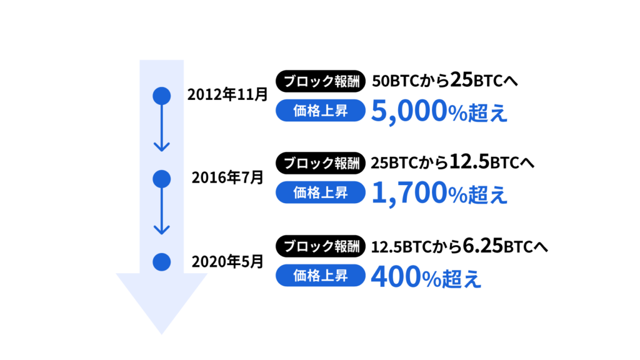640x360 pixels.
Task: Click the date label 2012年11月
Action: point(227,95)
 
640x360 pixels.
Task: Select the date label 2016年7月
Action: point(227,177)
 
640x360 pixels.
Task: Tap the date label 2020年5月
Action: point(227,262)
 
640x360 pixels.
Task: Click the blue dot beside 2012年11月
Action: point(162,96)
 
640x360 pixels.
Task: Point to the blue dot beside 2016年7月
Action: point(162,179)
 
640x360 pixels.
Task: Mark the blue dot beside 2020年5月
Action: point(162,262)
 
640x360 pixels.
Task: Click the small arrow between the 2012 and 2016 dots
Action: point(162,128)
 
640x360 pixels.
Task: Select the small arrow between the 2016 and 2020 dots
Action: point(162,211)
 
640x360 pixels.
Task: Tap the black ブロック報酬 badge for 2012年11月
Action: point(321,81)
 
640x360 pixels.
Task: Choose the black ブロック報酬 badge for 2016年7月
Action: point(321,163)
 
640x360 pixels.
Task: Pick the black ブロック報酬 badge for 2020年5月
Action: point(321,246)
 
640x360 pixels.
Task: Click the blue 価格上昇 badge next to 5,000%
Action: point(321,110)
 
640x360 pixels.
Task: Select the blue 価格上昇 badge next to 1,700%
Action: point(321,192)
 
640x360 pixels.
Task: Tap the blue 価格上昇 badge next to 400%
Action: point(321,276)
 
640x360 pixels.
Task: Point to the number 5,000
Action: point(409,111)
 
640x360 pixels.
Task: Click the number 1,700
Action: point(409,194)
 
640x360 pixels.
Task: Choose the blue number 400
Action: point(396,276)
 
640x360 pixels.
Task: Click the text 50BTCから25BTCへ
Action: point(445,80)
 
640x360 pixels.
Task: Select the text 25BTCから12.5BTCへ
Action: point(452,162)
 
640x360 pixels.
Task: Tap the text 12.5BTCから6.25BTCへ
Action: point(459,246)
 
